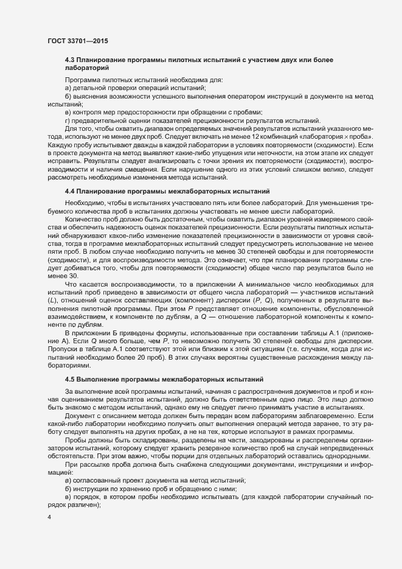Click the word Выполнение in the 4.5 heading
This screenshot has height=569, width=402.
coord(100,379)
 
